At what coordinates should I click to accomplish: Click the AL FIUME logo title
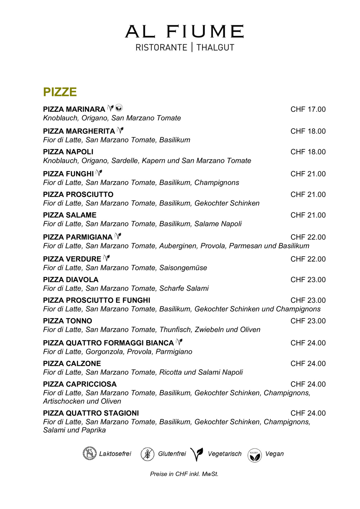pos(184,32)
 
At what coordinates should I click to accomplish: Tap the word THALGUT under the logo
pos(215,47)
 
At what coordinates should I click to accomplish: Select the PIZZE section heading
pos(60,92)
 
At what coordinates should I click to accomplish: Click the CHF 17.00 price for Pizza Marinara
pos(308,109)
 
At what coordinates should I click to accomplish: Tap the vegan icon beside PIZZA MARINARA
pos(119,108)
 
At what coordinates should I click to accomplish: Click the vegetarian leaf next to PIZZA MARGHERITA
pos(120,130)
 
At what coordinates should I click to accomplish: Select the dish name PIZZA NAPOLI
pos(68,152)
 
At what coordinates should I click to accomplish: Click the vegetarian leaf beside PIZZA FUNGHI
pos(99,173)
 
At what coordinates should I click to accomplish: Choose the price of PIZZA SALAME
pos(308,215)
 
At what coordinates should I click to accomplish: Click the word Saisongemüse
pos(183,268)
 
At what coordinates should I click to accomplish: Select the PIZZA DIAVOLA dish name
pos(71,280)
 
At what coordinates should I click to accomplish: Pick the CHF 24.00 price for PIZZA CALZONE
pos(308,364)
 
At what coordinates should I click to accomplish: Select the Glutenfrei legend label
pos(172,454)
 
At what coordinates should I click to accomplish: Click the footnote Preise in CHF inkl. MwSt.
pos(184,474)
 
